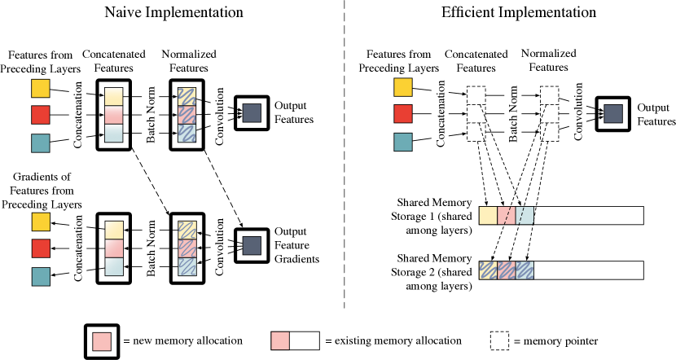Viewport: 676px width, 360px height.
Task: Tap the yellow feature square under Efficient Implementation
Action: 403,87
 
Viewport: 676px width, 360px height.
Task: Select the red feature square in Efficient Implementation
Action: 403,114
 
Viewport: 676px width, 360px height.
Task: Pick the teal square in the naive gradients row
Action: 40,278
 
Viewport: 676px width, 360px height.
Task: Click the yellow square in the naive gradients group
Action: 40,222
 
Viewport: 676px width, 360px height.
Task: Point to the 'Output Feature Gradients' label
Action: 296,245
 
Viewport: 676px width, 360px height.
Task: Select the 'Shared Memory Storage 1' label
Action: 431,215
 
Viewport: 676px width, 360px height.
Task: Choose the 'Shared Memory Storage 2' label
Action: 431,270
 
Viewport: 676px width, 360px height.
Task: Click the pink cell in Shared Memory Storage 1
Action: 506,215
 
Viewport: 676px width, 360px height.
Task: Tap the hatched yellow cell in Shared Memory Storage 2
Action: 487,270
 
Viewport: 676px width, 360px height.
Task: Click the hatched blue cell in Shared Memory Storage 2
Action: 525,270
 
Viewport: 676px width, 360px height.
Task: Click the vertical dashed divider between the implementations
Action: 346,163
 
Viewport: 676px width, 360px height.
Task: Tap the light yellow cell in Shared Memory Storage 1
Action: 487,215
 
